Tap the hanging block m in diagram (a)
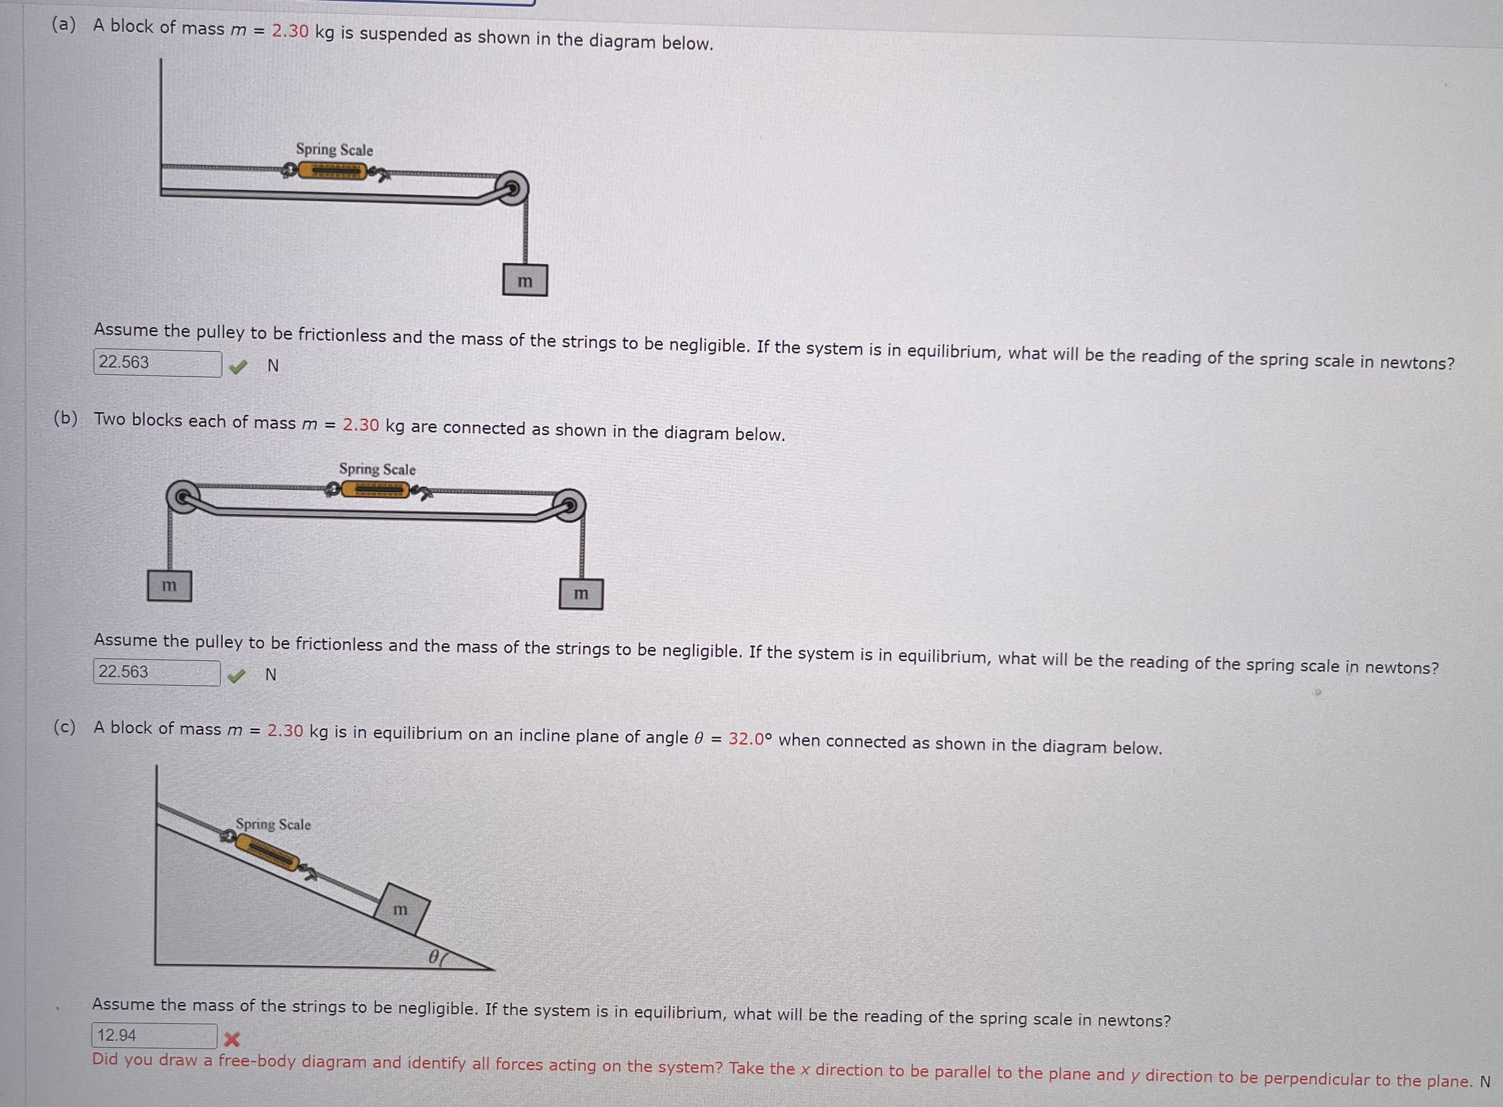coord(525,281)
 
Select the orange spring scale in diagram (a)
coord(332,172)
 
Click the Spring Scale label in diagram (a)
coord(334,149)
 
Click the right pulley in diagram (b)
coord(569,506)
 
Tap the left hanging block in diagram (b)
coord(169,585)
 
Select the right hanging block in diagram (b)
coord(580,594)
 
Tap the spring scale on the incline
coord(267,853)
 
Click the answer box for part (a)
coord(158,363)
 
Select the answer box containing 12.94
coord(154,1035)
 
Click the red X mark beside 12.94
coord(232,1039)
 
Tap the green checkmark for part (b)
coord(236,676)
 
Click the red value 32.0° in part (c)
coord(750,739)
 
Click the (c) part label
coord(64,727)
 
